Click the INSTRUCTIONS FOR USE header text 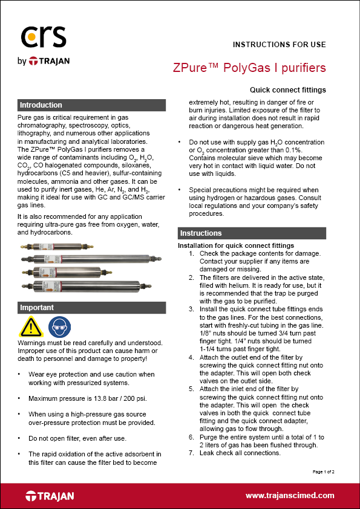(x=279, y=45)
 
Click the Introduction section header (x=41, y=105)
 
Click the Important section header (x=37, y=308)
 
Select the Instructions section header (x=201, y=233)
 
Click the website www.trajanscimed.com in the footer (x=289, y=495)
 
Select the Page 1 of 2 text (x=327, y=471)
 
